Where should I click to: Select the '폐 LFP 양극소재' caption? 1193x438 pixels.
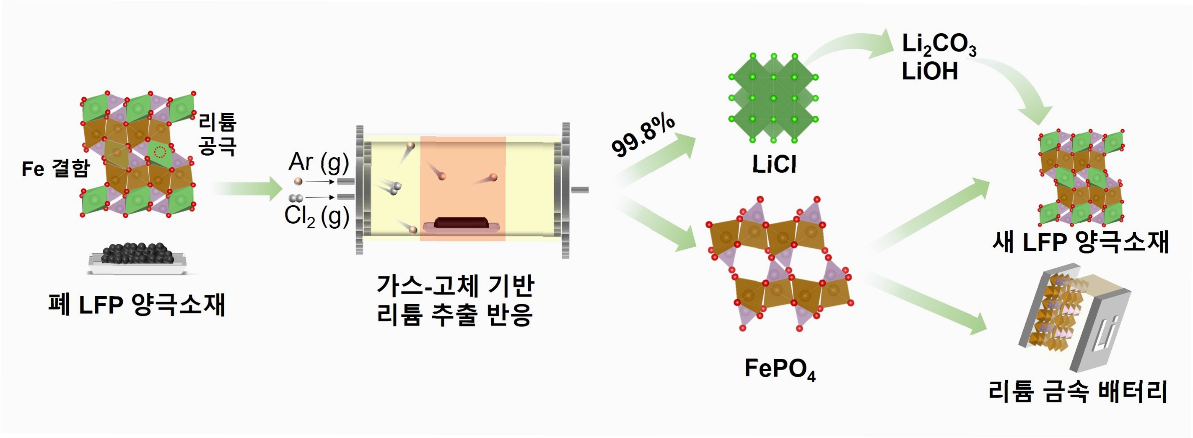tap(137, 305)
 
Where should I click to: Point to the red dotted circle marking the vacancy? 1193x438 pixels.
tap(160, 151)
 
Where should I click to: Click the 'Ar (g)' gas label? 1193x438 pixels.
tap(318, 162)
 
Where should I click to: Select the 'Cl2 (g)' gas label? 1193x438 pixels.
tap(316, 216)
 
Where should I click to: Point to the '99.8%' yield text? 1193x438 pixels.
tap(643, 136)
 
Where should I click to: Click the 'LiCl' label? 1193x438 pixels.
tap(774, 164)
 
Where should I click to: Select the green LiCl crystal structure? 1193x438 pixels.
tap(773, 98)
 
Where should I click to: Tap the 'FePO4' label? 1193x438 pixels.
tap(780, 369)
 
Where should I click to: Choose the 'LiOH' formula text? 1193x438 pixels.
tap(929, 72)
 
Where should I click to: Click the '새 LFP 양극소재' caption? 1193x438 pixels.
tap(1081, 242)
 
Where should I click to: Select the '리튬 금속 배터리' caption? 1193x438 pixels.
tap(1078, 391)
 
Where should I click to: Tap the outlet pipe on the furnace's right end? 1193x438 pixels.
tap(580, 189)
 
